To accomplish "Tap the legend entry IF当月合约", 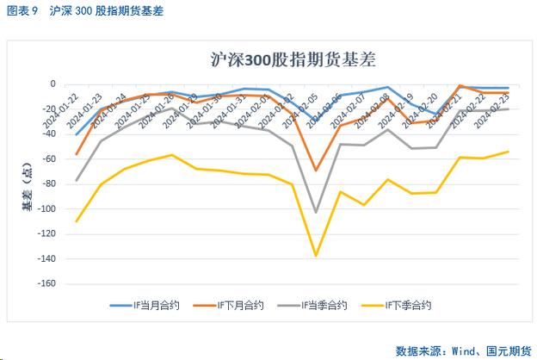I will pyautogui.click(x=147, y=304).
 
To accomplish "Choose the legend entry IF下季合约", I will pyautogui.click(x=397, y=304).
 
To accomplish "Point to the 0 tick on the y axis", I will pyautogui.click(x=52, y=84).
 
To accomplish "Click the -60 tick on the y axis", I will pyautogui.click(x=50, y=159).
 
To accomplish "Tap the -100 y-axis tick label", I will pyautogui.click(x=47, y=209).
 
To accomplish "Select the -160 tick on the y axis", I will pyautogui.click(x=47, y=283).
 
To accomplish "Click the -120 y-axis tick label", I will pyautogui.click(x=47, y=234).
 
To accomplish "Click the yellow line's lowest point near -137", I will pyautogui.click(x=316, y=256).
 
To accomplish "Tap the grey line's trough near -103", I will pyautogui.click(x=316, y=212).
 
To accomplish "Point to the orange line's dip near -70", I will pyautogui.click(x=316, y=171).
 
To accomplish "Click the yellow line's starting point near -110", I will pyautogui.click(x=77, y=221).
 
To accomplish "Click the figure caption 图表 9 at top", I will pyautogui.click(x=25, y=11).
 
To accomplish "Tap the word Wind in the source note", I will pyautogui.click(x=459, y=351).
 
